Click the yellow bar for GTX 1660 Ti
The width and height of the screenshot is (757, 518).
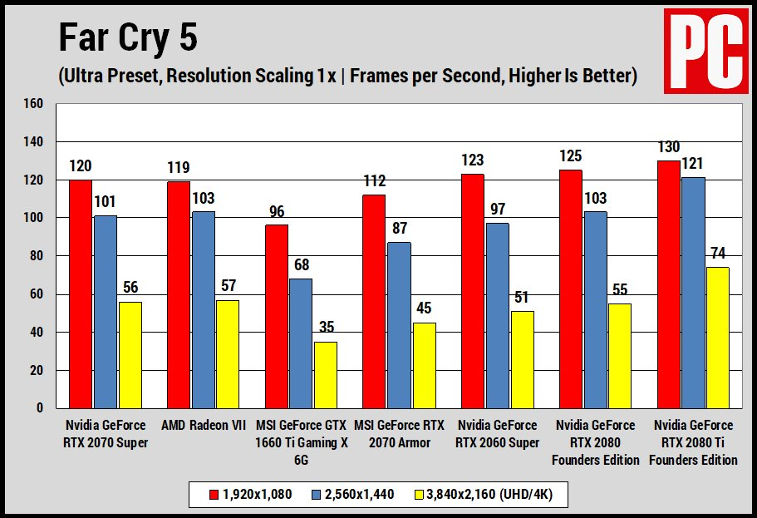(x=326, y=374)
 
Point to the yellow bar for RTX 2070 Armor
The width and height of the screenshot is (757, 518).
(x=424, y=365)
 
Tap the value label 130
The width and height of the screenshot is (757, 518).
(x=668, y=147)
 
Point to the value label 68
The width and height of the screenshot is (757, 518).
(x=301, y=266)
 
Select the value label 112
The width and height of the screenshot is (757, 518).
(x=374, y=181)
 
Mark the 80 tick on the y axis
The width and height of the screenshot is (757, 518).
(x=36, y=256)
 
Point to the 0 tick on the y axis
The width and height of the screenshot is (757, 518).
(x=39, y=408)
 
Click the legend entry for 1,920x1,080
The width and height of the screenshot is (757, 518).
(x=252, y=494)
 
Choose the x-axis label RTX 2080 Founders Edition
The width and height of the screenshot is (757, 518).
(x=595, y=442)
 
